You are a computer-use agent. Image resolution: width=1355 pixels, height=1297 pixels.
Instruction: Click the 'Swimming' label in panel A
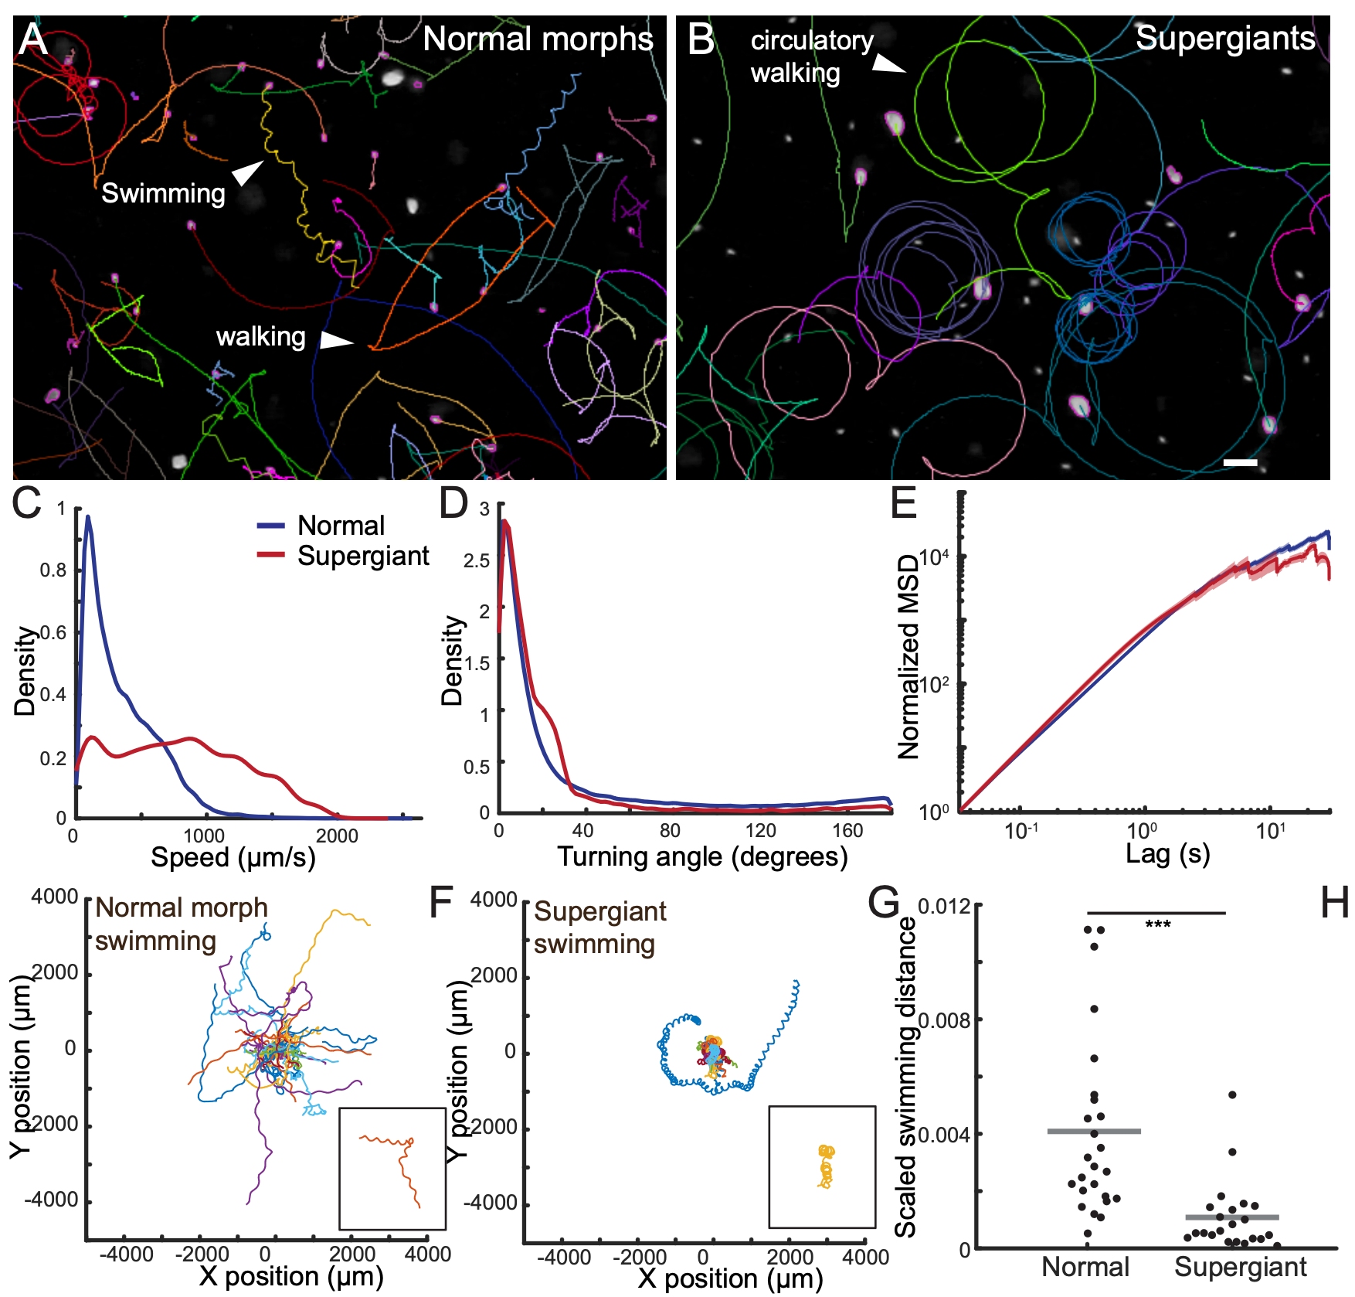[163, 193]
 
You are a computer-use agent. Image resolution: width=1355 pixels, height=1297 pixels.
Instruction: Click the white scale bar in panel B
[1240, 462]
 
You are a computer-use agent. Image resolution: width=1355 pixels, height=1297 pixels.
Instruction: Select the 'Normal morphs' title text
[538, 39]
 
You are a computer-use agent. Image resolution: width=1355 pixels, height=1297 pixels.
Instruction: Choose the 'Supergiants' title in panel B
[1225, 38]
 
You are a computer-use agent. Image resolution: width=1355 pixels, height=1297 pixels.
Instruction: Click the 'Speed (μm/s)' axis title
[233, 857]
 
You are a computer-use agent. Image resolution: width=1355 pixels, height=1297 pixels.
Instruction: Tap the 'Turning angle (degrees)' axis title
[702, 856]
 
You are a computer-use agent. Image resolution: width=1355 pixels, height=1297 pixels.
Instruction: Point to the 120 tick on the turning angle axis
[760, 831]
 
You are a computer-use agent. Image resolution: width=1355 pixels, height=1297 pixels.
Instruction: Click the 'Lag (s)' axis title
[1167, 854]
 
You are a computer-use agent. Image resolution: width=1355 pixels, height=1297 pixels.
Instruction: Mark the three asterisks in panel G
[1157, 925]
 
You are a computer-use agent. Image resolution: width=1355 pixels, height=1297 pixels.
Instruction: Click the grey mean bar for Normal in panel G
[1094, 1131]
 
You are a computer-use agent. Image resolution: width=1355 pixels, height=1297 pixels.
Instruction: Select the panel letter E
[904, 503]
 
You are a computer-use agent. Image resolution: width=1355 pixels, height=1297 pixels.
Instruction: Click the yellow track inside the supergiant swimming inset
[826, 1166]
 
